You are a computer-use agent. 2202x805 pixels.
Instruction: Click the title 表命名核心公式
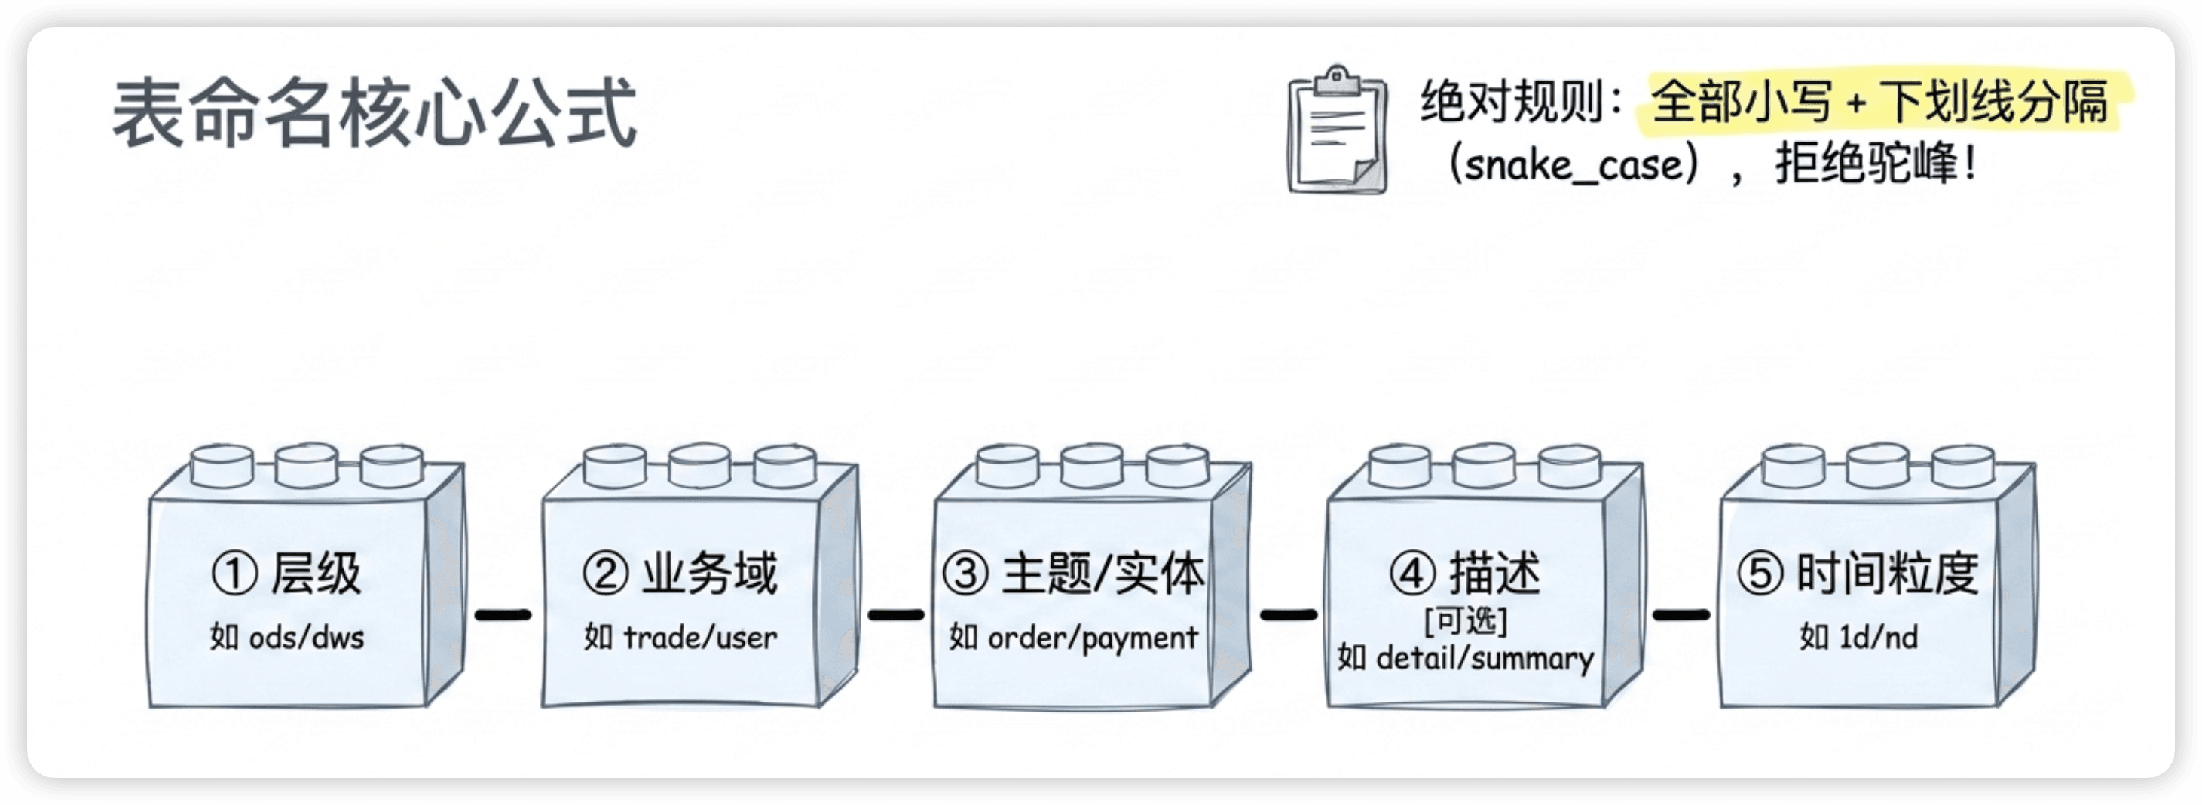tap(375, 114)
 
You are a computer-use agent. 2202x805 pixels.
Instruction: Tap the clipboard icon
tap(1338, 130)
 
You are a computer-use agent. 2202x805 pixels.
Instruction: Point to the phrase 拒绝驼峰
tap(1866, 162)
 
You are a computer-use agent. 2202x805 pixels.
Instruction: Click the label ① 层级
tap(286, 573)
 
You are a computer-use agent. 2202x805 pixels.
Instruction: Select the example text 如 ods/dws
tap(287, 637)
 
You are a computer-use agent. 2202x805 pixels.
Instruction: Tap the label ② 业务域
tap(680, 573)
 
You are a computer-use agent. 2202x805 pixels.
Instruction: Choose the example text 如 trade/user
tap(680, 637)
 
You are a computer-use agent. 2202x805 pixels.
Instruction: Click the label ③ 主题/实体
tap(1074, 573)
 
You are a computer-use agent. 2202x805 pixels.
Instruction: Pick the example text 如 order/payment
tap(1074, 638)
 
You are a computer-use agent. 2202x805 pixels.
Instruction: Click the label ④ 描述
tap(1465, 573)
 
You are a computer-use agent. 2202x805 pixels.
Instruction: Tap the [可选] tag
tap(1465, 620)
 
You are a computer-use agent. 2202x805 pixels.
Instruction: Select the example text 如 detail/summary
tap(1465, 658)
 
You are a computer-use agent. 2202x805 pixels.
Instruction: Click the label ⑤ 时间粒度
tap(1858, 573)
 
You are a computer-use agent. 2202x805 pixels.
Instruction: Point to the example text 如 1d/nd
tap(1858, 637)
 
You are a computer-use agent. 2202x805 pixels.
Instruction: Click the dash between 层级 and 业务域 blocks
tap(503, 614)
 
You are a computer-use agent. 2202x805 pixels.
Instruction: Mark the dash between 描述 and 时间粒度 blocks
tap(1681, 614)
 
